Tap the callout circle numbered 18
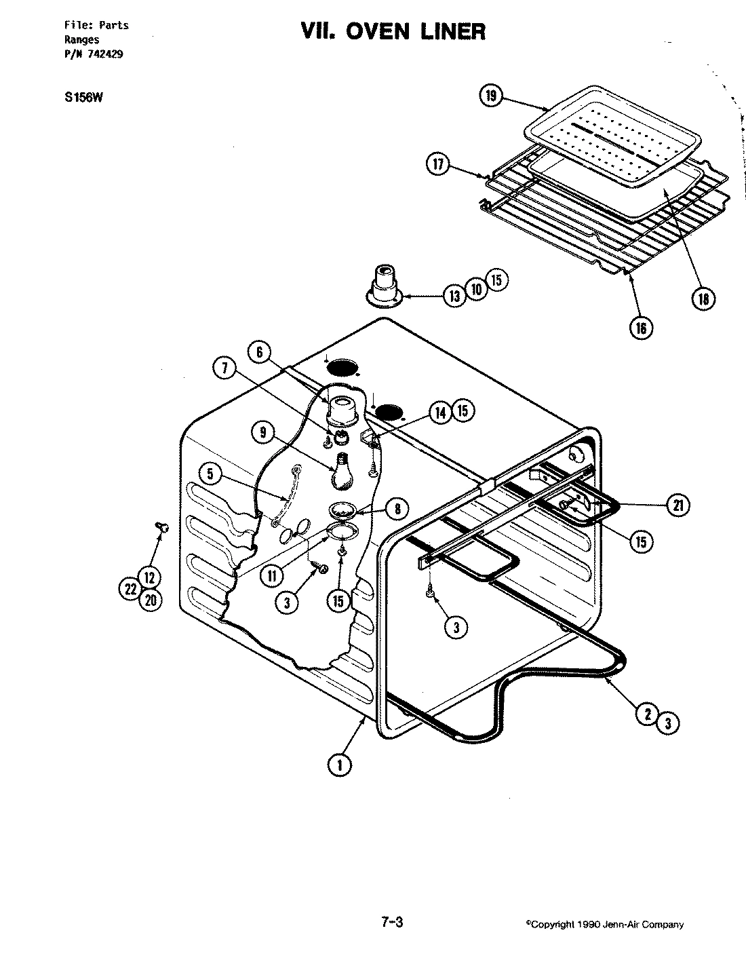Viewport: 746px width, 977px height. [705, 299]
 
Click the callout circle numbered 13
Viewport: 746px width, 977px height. [454, 294]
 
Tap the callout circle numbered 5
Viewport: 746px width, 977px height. [211, 474]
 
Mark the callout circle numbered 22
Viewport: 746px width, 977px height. [131, 590]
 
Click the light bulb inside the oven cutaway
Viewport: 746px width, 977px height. [343, 471]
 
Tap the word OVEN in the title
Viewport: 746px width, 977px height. [369, 31]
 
